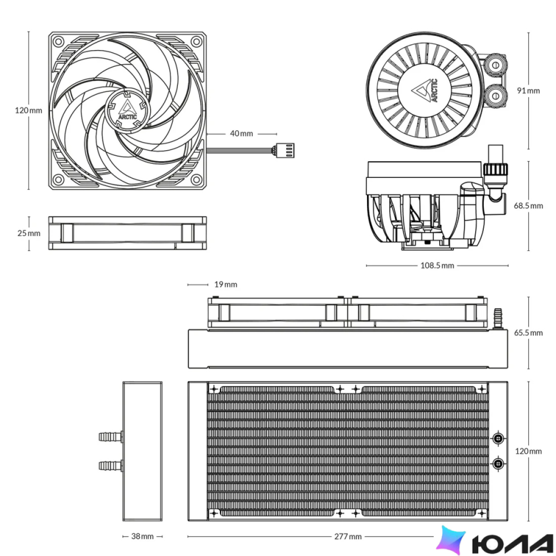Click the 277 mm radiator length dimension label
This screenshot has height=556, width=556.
coord(348,536)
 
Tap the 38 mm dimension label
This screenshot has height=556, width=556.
coord(142,536)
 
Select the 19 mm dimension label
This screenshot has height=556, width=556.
coord(225,285)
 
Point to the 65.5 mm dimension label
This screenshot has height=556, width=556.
coord(528,333)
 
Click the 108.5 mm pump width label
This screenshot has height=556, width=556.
coord(437,265)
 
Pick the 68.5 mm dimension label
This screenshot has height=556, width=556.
coord(528,206)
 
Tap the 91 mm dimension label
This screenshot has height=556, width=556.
coord(528,90)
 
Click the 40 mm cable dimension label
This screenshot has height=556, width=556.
coord(242,133)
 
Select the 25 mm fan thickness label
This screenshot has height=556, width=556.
coord(29,234)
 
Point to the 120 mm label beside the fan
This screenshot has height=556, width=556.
coord(28,110)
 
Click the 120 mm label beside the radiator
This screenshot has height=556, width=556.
coord(528,451)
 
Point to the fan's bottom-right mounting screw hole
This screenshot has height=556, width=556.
coord(196,180)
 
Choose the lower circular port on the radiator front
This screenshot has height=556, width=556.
coord(498,463)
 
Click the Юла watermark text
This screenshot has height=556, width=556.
coord(513,541)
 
